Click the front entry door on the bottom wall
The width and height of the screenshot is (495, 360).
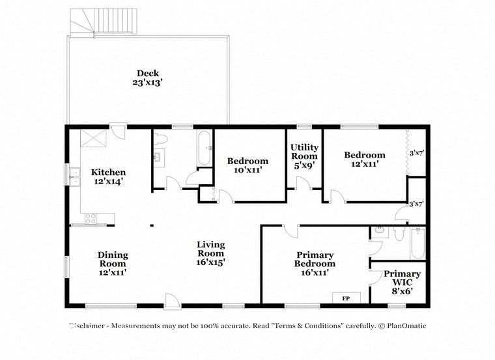pyautogui.click(x=171, y=300)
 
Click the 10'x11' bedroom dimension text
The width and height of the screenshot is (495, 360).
pyautogui.click(x=247, y=170)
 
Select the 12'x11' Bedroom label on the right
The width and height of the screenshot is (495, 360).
pyautogui.click(x=364, y=159)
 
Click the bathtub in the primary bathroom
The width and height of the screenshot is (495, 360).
pyautogui.click(x=416, y=243)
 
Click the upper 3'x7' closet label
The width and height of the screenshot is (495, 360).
pyautogui.click(x=416, y=154)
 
